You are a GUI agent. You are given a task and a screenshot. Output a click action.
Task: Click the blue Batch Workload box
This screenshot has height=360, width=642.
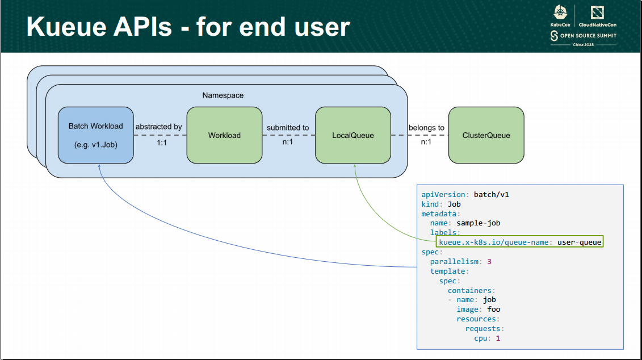(96, 135)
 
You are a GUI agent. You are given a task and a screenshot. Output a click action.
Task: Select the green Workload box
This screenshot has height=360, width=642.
(224, 135)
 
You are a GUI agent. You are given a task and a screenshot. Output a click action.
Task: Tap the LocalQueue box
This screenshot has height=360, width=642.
(353, 135)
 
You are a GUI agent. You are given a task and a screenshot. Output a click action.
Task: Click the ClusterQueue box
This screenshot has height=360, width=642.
(486, 135)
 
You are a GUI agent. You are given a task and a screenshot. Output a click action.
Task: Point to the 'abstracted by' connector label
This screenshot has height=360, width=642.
(159, 127)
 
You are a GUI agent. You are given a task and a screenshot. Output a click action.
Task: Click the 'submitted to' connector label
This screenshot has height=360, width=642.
(288, 128)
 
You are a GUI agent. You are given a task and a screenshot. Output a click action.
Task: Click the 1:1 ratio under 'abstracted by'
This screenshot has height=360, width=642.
(162, 143)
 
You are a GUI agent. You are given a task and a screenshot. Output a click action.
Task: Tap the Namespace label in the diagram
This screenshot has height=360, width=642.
(223, 95)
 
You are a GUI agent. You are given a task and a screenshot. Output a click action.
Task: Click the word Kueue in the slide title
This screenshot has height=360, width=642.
(62, 27)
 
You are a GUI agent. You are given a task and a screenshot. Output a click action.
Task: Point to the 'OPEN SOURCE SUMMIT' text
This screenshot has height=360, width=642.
(588, 36)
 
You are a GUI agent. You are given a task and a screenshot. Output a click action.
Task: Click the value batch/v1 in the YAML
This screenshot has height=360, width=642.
(492, 194)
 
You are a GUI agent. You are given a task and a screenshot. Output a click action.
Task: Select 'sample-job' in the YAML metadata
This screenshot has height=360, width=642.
(478, 223)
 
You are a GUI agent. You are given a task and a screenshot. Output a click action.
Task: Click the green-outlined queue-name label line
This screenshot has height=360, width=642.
(519, 242)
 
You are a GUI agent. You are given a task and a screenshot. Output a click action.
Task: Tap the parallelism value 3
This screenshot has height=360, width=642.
(489, 262)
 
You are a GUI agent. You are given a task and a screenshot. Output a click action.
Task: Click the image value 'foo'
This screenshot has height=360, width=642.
(493, 309)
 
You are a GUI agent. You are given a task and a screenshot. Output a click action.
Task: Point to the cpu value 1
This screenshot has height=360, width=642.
(498, 338)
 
